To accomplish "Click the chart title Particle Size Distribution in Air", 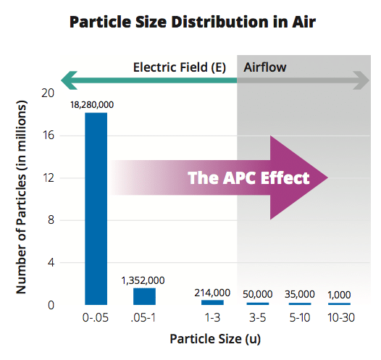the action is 193,22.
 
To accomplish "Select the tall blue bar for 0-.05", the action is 96,209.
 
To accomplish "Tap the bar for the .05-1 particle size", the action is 144,296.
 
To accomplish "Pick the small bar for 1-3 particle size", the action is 212,303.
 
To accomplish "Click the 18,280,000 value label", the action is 92,105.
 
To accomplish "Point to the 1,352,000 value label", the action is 143,280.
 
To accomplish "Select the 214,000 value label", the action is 212,293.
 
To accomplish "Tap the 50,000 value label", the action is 258,294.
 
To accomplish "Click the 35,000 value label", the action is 300,294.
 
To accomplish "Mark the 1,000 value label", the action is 339,295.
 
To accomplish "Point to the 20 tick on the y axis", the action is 48,93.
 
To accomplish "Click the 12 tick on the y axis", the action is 48,178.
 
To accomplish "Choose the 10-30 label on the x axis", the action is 341,317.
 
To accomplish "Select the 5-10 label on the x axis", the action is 300,317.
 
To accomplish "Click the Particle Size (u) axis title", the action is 215,339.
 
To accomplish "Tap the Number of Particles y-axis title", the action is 22,197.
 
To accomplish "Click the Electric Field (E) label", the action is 180,67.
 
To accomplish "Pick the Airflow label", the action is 265,67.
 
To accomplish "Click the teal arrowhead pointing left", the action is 69,80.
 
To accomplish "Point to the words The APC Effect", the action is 248,177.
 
